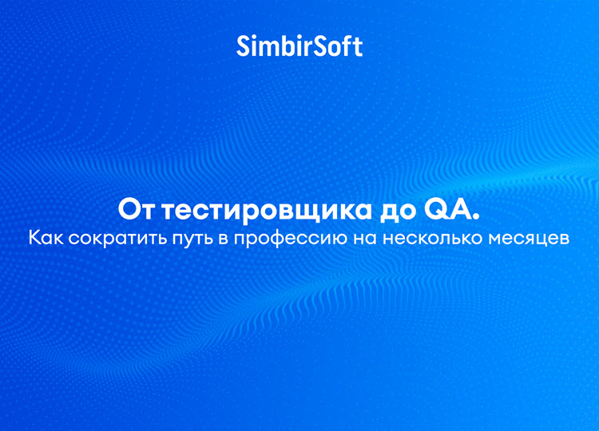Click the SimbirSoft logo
(x=299, y=46)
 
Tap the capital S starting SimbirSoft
(x=244, y=46)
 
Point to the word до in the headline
(x=397, y=212)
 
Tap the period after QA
(x=475, y=217)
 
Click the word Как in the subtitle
(x=46, y=238)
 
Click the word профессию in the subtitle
(x=291, y=239)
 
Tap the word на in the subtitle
(x=365, y=239)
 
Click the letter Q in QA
(x=434, y=210)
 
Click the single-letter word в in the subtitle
(x=222, y=239)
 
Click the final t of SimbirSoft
(x=359, y=48)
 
